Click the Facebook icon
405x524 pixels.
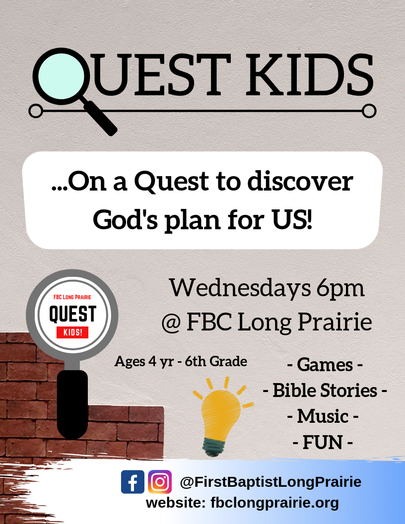tap(133, 481)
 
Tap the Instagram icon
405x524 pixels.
tap(160, 481)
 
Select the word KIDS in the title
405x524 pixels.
tap(310, 75)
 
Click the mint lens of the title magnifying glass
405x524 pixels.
tap(61, 76)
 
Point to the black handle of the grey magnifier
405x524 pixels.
tap(72, 404)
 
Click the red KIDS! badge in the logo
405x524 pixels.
tap(72, 332)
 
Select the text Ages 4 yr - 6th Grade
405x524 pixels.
tap(181, 362)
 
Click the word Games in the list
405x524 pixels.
tap(325, 365)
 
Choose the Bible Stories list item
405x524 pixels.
tap(325, 391)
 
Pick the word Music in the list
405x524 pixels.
tap(323, 416)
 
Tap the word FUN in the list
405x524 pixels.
tap(323, 443)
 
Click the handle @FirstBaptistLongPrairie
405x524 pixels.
tap(270, 482)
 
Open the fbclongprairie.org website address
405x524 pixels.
tap(274, 503)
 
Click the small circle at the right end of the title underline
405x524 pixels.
tap(369, 111)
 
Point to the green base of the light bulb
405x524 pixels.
tap(214, 447)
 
